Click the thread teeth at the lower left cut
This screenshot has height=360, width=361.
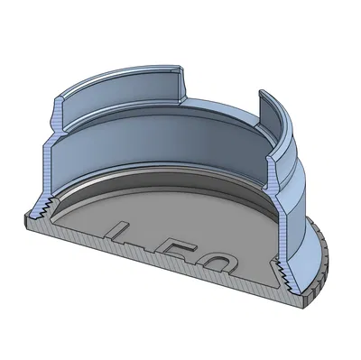click(42, 211)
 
